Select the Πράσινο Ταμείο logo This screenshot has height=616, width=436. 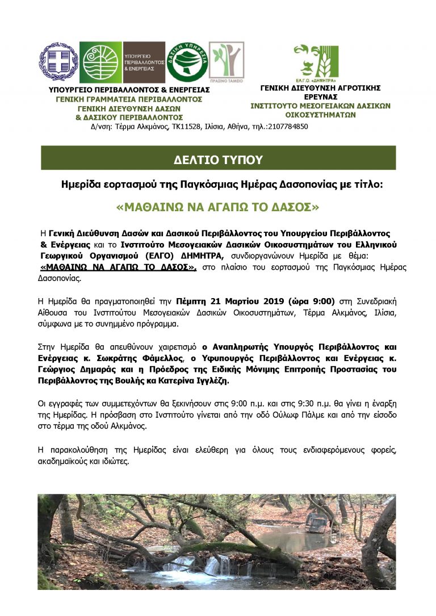coord(227,62)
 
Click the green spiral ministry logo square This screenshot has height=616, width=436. coord(101,62)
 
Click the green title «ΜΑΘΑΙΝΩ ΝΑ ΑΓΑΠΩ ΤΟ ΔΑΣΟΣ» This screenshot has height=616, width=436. coord(218,208)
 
